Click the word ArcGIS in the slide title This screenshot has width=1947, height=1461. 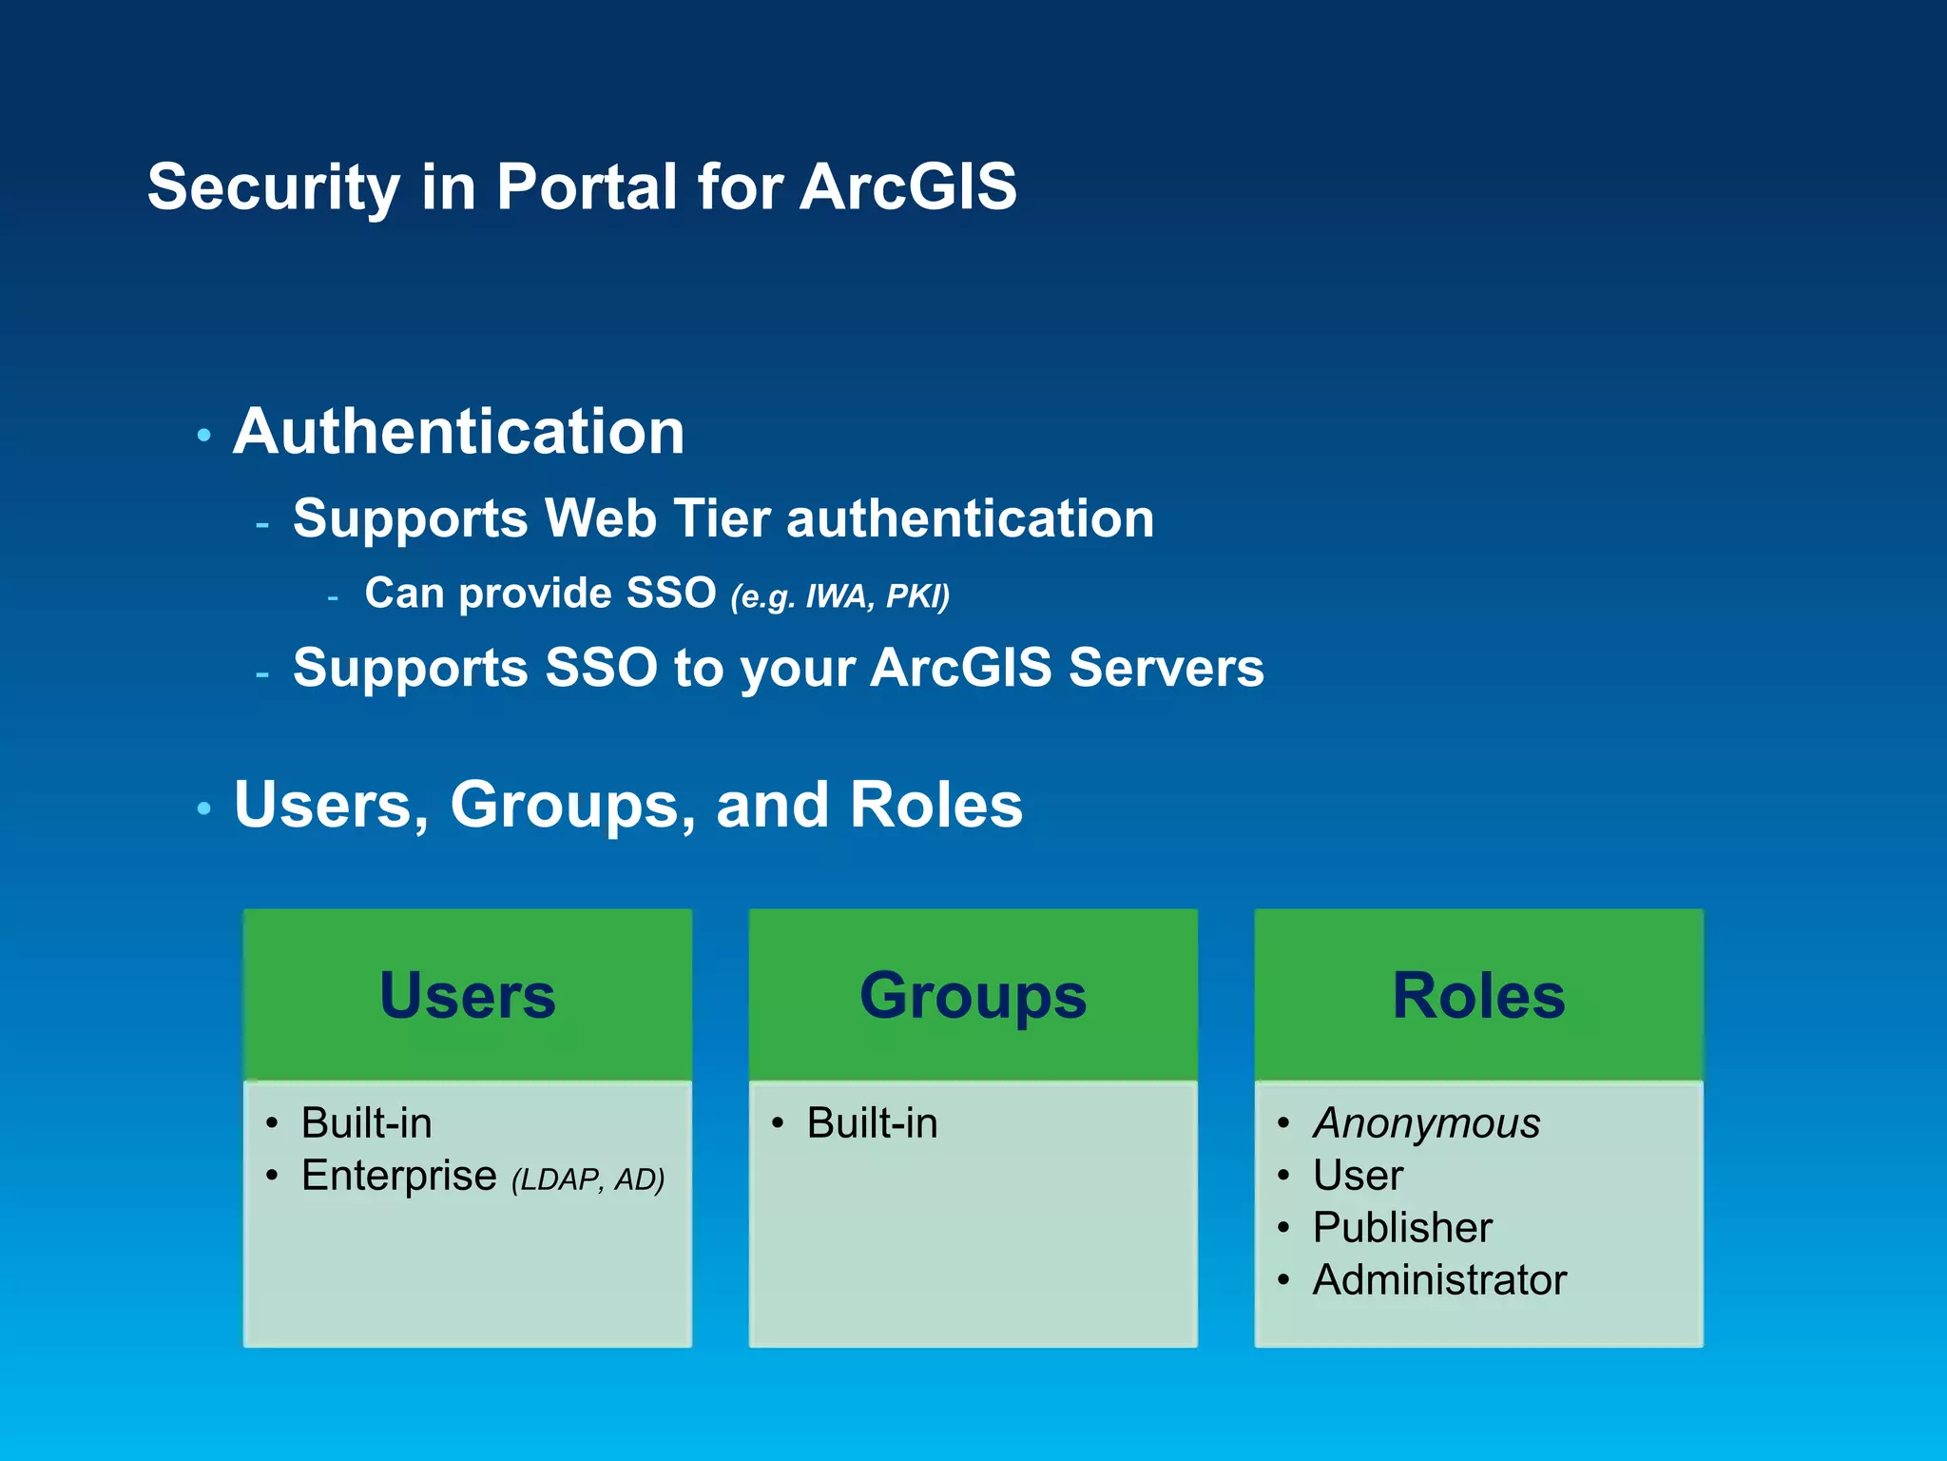[908, 186]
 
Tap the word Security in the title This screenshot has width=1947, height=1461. [274, 186]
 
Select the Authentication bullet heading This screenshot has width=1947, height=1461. [458, 432]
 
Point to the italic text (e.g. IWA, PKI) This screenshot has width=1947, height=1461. [839, 596]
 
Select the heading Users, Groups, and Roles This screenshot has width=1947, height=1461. [627, 805]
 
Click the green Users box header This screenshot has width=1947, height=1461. [467, 995]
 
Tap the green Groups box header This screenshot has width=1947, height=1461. [973, 995]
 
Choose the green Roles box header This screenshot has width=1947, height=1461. [1478, 995]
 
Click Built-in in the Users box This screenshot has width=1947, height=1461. [366, 1123]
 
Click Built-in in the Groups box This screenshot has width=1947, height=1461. [872, 1123]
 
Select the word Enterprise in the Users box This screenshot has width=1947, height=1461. [398, 1176]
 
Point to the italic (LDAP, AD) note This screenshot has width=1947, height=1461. [588, 1179]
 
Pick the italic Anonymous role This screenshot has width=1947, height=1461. [1426, 1123]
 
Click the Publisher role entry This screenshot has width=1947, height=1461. [1402, 1228]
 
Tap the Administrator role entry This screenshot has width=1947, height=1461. [1439, 1280]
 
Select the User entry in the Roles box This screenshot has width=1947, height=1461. [1358, 1176]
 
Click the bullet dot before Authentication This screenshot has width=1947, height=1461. [203, 436]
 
